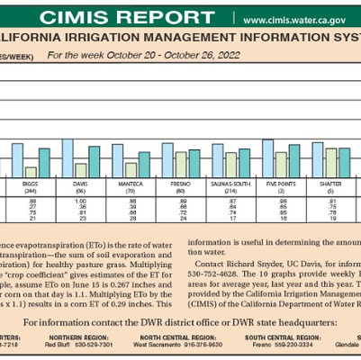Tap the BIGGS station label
32,182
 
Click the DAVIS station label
82,182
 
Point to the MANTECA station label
132,182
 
